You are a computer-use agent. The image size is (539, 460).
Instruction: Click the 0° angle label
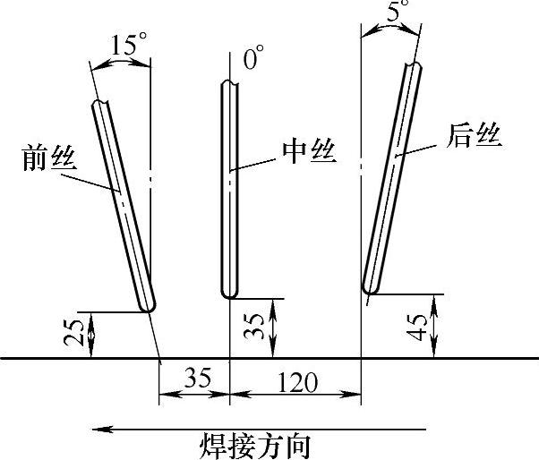tap(254, 61)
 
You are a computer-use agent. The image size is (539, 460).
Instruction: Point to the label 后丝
tap(473, 137)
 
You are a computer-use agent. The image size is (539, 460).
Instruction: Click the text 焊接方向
tap(255, 444)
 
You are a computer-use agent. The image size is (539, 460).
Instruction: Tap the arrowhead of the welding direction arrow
tap(100, 429)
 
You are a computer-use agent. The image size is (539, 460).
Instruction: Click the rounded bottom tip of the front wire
tap(150, 306)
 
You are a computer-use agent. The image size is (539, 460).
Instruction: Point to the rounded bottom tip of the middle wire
tap(229, 294)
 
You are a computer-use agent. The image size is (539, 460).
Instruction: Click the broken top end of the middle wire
tap(229, 84)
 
